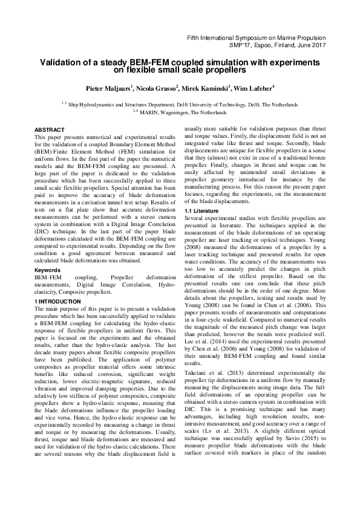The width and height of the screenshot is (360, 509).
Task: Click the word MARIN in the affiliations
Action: click(150, 112)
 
